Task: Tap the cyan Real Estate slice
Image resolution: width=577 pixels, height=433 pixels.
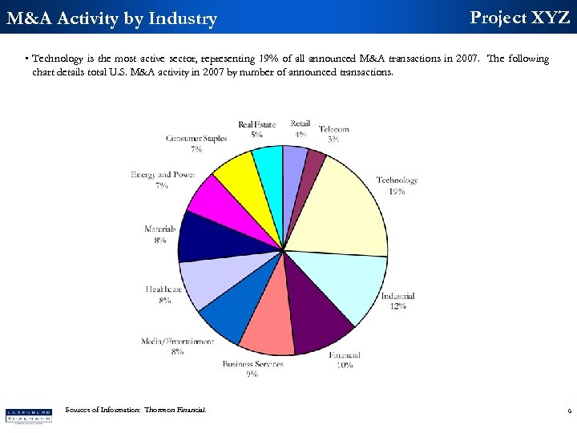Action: [268, 164]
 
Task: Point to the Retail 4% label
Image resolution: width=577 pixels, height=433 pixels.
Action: [300, 128]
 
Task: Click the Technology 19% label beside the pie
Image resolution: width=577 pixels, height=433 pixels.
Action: [397, 185]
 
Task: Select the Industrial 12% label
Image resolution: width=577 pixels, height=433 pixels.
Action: [397, 301]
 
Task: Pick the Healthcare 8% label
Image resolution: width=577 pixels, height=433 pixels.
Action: [164, 294]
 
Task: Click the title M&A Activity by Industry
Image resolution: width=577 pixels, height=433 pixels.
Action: [111, 18]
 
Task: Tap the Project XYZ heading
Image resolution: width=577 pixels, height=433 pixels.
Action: [519, 18]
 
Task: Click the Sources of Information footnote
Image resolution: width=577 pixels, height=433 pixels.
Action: [135, 410]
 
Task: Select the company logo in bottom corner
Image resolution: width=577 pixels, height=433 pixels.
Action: [28, 415]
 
